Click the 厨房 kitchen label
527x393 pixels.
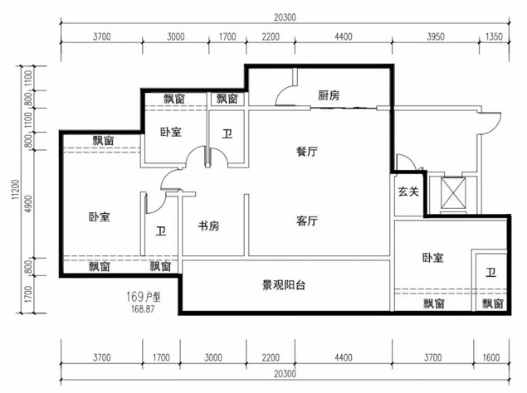329,95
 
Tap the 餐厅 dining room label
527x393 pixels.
306,152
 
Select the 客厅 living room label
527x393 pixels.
306,221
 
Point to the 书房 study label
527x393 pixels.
208,226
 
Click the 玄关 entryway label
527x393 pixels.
408,192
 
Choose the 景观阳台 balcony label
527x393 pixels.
283,285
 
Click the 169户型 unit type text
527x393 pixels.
144,297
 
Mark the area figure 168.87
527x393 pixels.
143,309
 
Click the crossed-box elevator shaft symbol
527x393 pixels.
453,193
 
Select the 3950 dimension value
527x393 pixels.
436,36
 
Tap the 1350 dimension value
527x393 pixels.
494,36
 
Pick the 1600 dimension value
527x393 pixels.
491,357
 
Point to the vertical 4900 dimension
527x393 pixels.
28,204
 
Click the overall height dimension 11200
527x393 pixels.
16,189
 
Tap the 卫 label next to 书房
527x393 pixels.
161,231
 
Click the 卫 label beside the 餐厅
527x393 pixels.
227,134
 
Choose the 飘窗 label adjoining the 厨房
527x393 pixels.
227,99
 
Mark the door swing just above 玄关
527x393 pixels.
406,161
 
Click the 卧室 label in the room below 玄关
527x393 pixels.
433,258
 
